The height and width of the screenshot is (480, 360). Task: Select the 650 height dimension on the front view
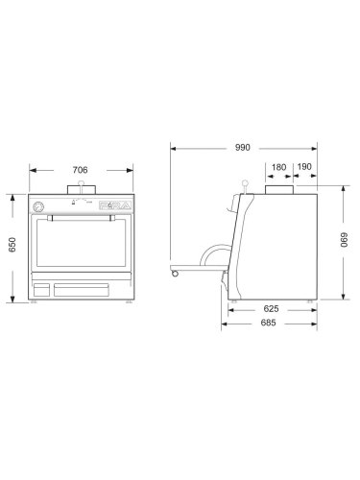click(x=12, y=246)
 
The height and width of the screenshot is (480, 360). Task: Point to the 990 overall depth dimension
click(x=242, y=148)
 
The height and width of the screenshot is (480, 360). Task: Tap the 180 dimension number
click(x=279, y=166)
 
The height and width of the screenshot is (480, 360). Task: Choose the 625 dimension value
click(x=271, y=309)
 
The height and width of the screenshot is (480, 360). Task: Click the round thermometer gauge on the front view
click(x=37, y=206)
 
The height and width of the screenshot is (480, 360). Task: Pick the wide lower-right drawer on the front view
click(x=90, y=289)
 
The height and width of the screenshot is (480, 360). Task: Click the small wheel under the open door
click(x=175, y=275)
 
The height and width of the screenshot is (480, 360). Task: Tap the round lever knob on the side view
click(x=245, y=183)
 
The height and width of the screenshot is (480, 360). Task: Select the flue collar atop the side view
click(x=279, y=190)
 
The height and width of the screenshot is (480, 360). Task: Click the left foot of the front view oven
click(x=33, y=300)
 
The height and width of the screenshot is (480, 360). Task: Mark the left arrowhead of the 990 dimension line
click(x=173, y=148)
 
